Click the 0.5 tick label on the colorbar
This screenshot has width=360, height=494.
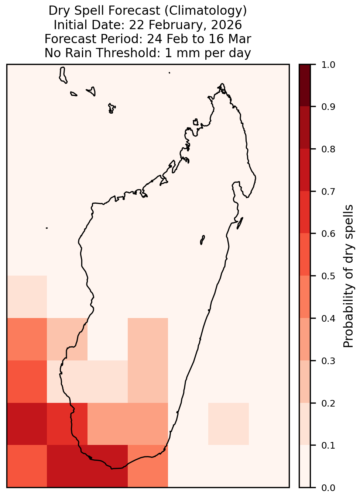click(328, 276)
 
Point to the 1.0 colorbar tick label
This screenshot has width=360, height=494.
click(328, 65)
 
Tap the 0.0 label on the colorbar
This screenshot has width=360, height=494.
click(328, 488)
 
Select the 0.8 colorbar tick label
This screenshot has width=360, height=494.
click(328, 149)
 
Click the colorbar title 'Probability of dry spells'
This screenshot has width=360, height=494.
click(348, 276)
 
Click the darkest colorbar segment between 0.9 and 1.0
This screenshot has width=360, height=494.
click(305, 85)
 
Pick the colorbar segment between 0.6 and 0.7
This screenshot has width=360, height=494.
click(305, 212)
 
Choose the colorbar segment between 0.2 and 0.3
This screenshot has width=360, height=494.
click(305, 382)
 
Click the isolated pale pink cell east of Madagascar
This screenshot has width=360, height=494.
click(229, 424)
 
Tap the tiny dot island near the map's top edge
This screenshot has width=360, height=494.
click(169, 73)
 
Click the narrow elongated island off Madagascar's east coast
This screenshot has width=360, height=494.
click(240, 223)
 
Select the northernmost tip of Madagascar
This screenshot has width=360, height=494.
click(222, 84)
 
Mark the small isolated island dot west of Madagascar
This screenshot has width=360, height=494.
click(47, 228)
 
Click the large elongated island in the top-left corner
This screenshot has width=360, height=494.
click(63, 75)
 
